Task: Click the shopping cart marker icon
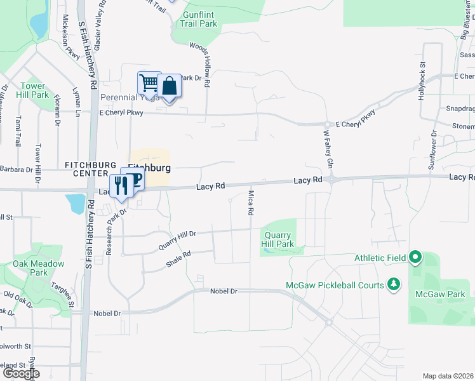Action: click(x=148, y=82)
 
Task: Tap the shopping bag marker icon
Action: click(x=170, y=85)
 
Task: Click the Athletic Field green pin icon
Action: click(x=415, y=258)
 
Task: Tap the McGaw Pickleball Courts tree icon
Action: click(x=394, y=284)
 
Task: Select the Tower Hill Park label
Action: click(x=33, y=90)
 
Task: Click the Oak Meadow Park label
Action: click(x=39, y=268)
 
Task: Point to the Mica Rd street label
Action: click(x=251, y=202)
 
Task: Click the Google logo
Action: click(x=20, y=373)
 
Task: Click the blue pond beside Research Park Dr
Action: click(x=76, y=203)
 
